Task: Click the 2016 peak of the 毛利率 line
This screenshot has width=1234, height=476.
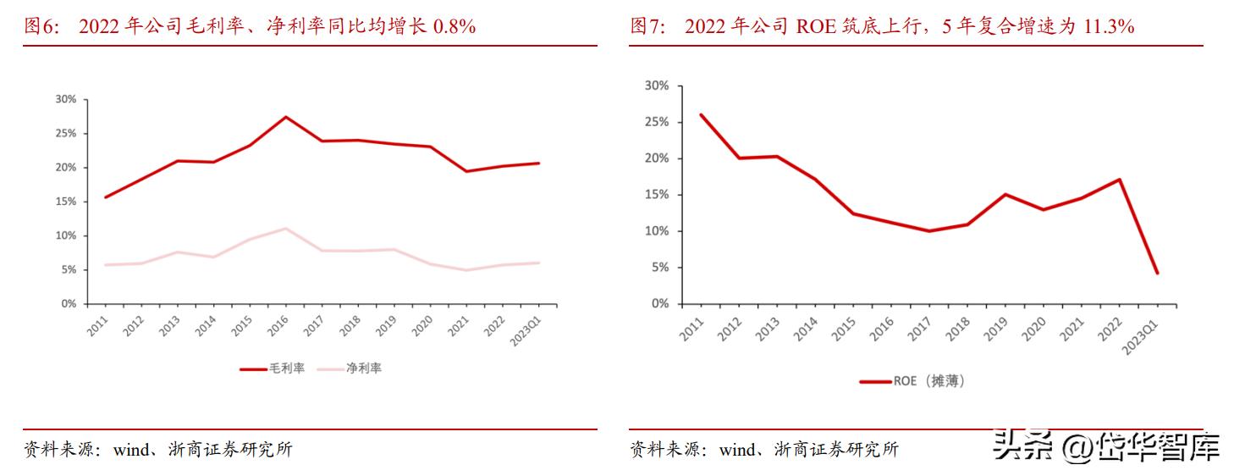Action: [285, 117]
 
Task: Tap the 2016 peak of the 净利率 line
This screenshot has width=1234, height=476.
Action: [285, 228]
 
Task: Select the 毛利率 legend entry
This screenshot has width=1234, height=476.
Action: [272, 368]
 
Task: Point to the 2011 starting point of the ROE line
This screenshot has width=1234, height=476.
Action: [701, 114]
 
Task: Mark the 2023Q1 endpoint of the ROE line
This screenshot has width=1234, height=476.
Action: [1157, 273]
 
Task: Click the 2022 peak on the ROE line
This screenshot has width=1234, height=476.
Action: [1119, 180]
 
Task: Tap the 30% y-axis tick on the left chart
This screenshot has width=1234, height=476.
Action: [65, 99]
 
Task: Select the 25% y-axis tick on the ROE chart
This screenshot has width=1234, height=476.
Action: [656, 122]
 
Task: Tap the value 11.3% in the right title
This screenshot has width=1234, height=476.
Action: [1106, 27]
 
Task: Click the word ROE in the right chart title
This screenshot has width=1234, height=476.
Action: [812, 27]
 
